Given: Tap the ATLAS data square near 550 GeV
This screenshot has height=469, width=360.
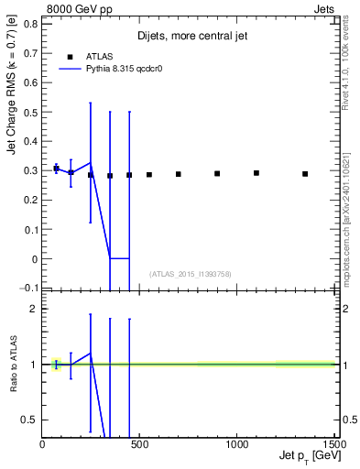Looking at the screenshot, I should tap(149, 174).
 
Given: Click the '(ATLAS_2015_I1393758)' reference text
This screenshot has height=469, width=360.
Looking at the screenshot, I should tap(191, 274).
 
